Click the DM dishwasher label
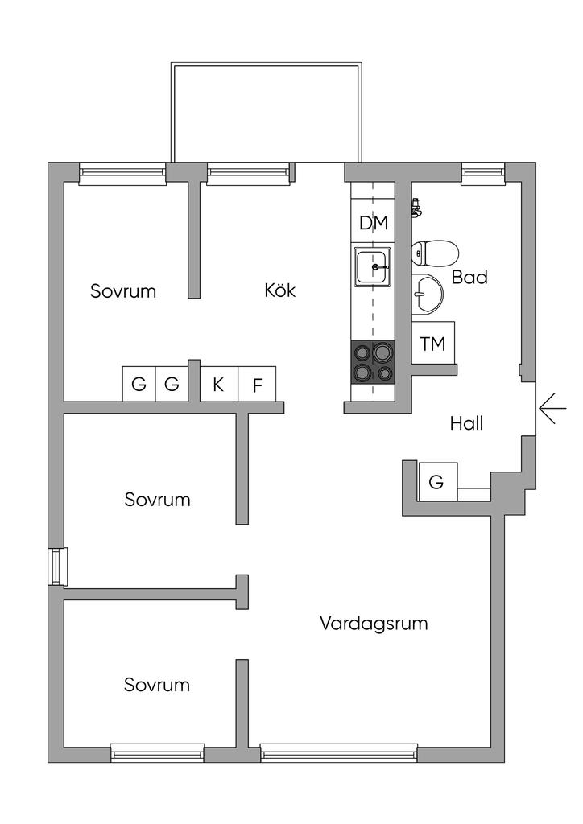[373, 224]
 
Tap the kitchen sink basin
[372, 267]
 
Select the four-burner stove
[372, 361]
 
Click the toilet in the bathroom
[435, 253]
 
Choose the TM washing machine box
[432, 344]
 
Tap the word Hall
[466, 423]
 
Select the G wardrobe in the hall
[436, 482]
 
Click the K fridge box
[218, 384]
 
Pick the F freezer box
[257, 385]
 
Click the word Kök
[279, 290]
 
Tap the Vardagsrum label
[373, 623]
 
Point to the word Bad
[469, 278]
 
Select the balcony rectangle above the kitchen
[266, 113]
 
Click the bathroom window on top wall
[482, 171]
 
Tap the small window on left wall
[58, 566]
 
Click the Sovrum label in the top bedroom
[122, 291]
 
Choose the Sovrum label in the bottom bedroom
[157, 685]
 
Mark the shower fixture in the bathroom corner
[416, 209]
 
